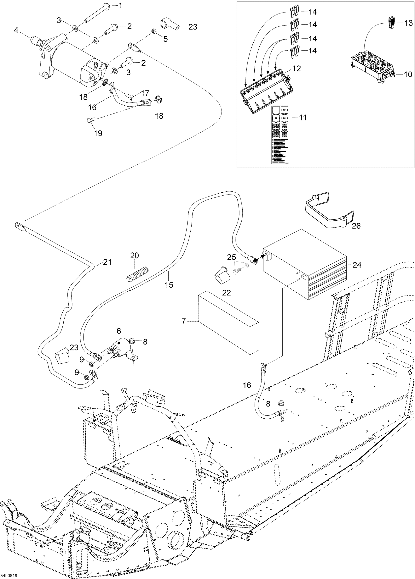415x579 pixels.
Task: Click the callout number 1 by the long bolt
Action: (120, 5)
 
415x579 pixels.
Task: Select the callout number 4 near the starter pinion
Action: (16, 30)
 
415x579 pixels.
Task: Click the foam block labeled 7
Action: (229, 324)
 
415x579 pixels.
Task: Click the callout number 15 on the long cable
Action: (169, 285)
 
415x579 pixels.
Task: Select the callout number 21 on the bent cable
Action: (107, 262)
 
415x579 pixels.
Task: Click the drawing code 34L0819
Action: (9, 576)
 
